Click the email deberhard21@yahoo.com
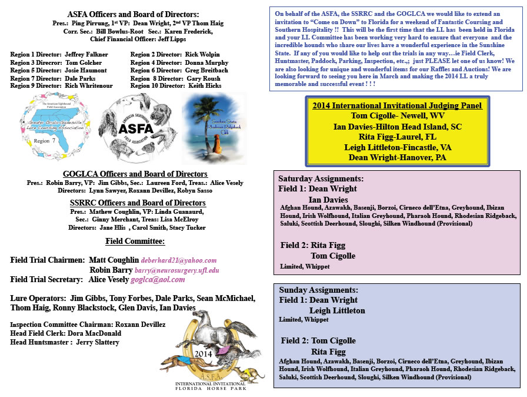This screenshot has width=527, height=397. (x=179, y=260)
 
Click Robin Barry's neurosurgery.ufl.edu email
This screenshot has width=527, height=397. (x=176, y=270)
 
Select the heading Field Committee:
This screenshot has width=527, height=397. (x=135, y=241)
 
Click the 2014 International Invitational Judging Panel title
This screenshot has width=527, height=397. (x=398, y=106)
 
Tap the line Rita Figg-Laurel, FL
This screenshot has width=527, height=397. (x=397, y=135)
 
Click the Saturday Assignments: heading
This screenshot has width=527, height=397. (x=321, y=178)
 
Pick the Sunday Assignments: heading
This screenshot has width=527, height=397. (x=318, y=290)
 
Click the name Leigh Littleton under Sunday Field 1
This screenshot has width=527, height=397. (x=337, y=310)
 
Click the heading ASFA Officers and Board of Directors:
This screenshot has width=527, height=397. (x=133, y=14)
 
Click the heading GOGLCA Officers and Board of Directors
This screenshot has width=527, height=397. (x=135, y=174)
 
